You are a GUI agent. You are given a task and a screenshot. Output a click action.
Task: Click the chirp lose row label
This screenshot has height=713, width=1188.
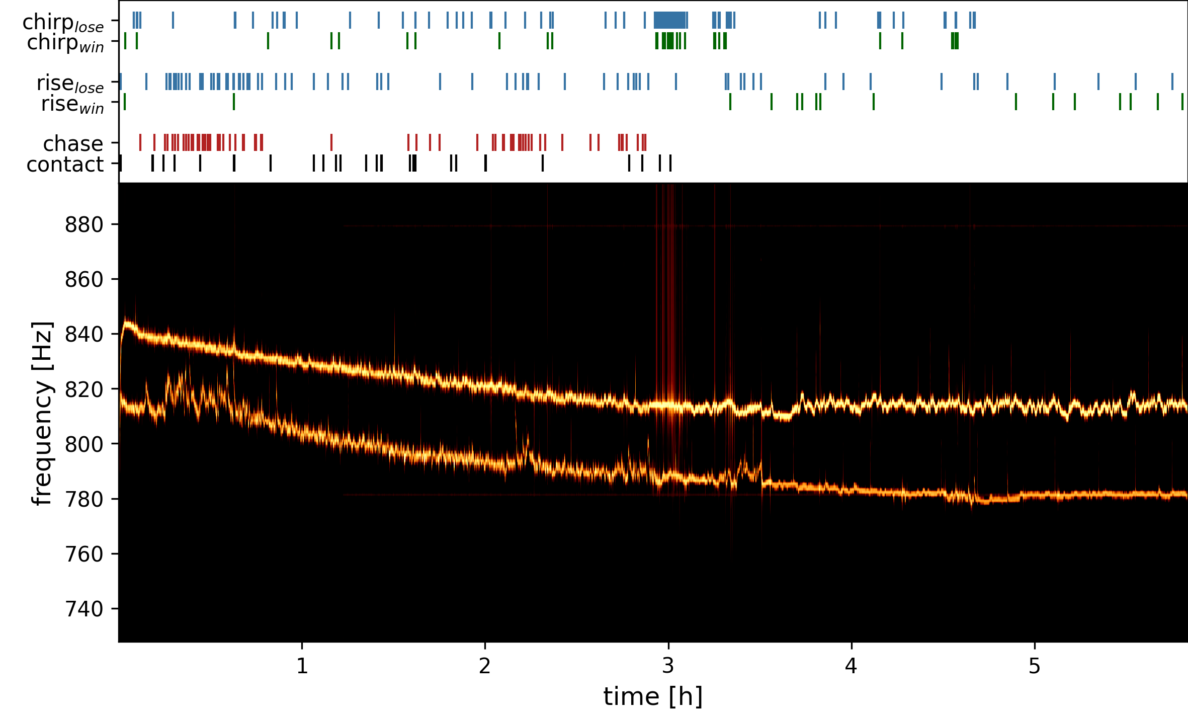click(63, 23)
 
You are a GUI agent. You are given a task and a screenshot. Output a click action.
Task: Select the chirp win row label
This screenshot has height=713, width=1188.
click(65, 43)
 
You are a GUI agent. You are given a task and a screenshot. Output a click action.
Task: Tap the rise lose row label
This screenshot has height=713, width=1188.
click(70, 84)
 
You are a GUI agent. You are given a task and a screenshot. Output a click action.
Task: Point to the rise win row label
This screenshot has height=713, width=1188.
click(72, 105)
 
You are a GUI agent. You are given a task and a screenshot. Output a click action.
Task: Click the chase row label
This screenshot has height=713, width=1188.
click(73, 144)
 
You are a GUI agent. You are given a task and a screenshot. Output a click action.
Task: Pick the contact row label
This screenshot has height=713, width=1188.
click(65, 165)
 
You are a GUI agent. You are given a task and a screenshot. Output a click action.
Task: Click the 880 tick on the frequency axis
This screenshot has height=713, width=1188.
click(84, 224)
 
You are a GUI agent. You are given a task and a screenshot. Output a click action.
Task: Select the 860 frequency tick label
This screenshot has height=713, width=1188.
click(84, 279)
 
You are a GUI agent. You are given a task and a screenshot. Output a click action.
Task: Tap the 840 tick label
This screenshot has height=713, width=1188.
click(84, 334)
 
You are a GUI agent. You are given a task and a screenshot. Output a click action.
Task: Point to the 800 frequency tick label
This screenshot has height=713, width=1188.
click(84, 444)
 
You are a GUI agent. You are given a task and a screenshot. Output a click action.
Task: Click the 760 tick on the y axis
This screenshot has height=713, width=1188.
click(84, 554)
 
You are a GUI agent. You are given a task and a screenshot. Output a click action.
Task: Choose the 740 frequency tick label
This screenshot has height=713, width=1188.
click(84, 609)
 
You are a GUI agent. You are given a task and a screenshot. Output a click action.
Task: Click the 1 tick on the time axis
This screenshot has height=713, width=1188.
click(302, 666)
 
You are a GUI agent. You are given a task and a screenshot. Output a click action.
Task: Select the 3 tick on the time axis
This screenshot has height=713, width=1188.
click(668, 666)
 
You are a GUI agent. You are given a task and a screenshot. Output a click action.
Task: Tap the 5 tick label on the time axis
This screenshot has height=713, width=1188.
click(1034, 666)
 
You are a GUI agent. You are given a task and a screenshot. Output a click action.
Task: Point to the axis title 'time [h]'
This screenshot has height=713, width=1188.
click(653, 697)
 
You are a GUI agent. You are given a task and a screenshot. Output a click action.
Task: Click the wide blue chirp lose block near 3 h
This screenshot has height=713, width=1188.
click(670, 20)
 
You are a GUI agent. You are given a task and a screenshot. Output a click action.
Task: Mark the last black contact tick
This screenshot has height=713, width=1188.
click(670, 163)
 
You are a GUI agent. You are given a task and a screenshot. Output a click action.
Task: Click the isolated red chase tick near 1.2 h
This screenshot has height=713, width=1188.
click(331, 142)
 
